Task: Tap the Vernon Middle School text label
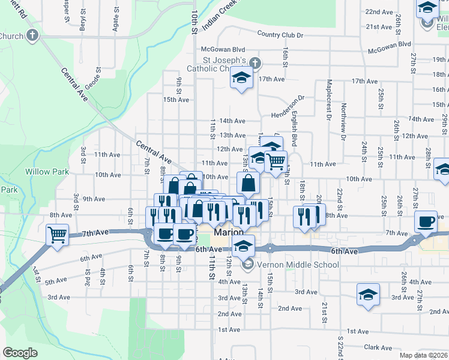[x=289, y=265]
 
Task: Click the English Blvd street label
[x=295, y=131]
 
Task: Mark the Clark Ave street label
[x=378, y=347]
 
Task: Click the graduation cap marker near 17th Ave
[x=242, y=79]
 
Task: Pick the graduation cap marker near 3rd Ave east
[x=368, y=295]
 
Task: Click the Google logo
[x=20, y=353]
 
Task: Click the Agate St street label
[x=113, y=24]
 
